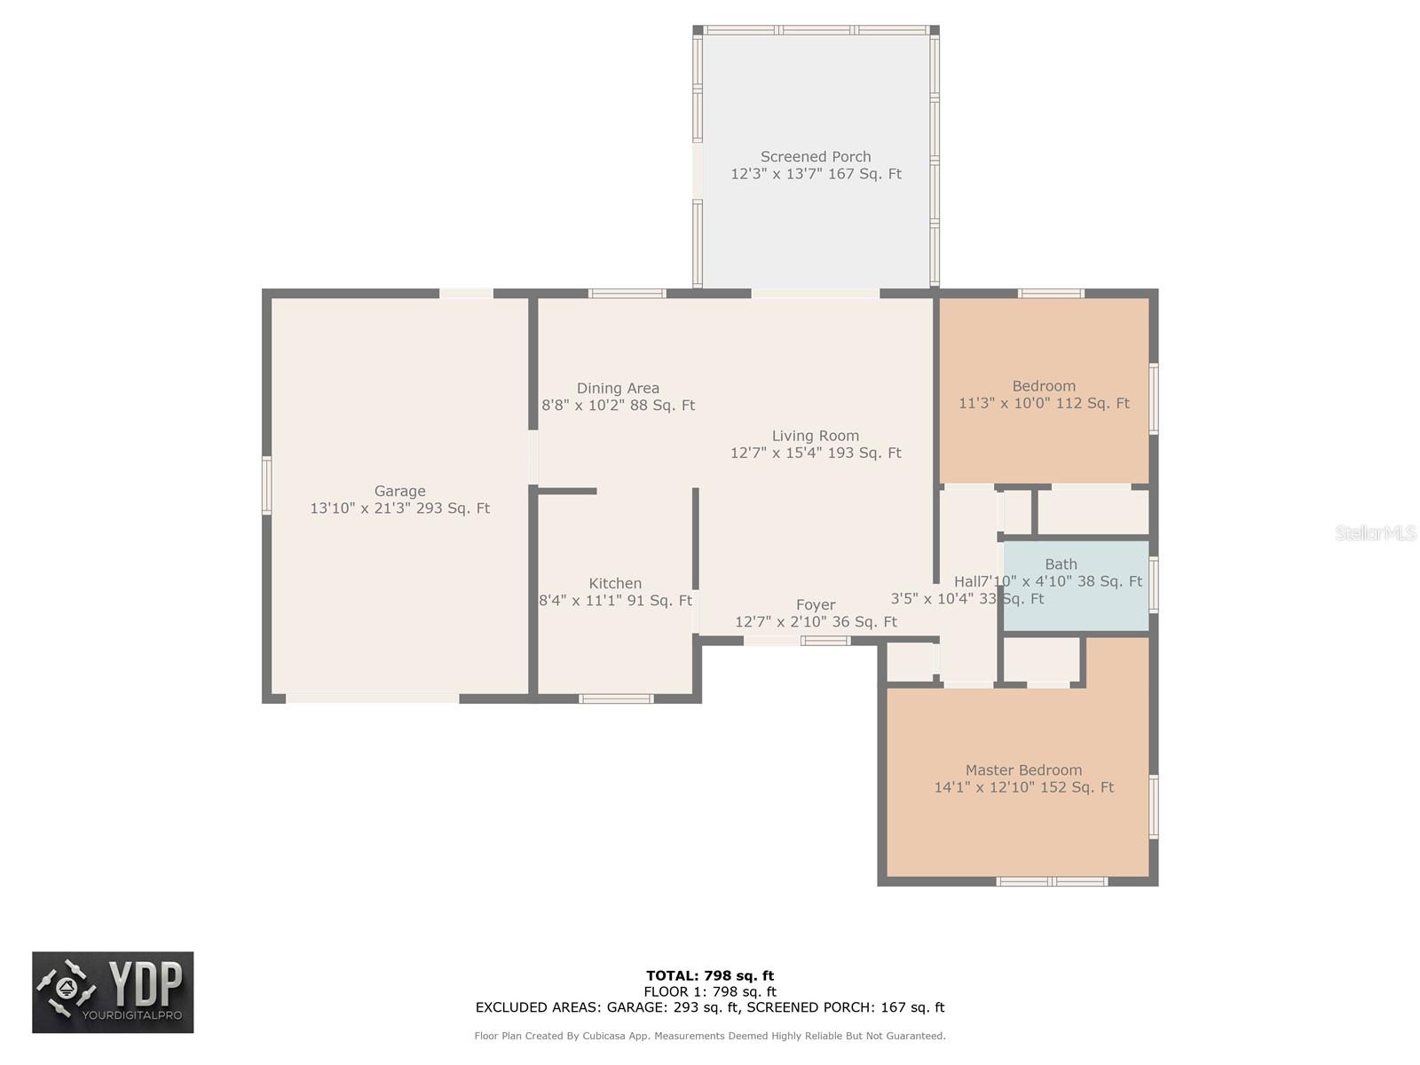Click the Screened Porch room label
815,157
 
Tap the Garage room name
399,491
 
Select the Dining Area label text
618,388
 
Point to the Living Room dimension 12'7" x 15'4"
815,453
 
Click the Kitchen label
615,583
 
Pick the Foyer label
815,605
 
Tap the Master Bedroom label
1023,770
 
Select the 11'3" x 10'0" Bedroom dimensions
1044,403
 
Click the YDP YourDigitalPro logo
113,992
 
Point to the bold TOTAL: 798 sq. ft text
710,975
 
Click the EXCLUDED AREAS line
710,1007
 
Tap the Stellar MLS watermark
1375,532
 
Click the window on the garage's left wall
266,485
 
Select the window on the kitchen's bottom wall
616,698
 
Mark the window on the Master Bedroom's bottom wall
1052,881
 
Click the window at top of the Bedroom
1050,294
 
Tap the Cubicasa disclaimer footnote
710,1036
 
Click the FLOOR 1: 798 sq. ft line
710,991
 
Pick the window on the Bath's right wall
1154,584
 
